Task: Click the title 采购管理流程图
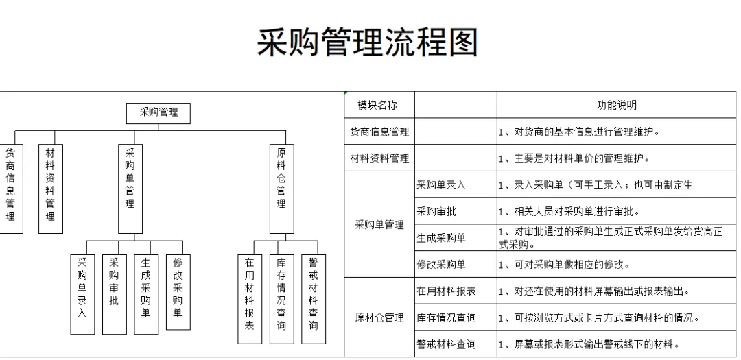pos(367,43)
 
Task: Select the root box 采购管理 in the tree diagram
pos(158,112)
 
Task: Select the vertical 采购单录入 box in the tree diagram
pos(82,293)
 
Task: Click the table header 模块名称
pos(377,106)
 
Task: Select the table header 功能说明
pos(617,106)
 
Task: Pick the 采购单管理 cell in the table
pos(379,225)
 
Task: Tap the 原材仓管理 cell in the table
pos(379,317)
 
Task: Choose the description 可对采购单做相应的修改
pos(562,265)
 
